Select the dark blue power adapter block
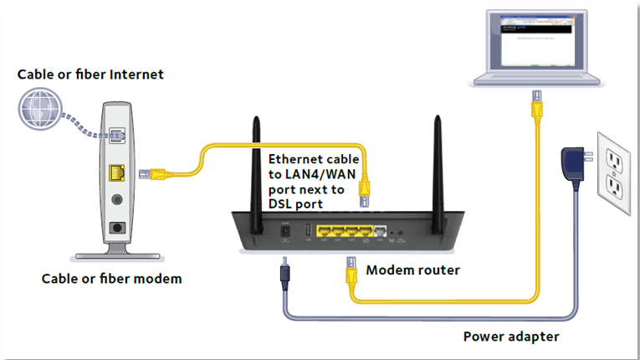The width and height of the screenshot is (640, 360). tap(571, 162)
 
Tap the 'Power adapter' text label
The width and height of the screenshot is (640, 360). tap(510, 337)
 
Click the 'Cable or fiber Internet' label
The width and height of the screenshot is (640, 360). tap(90, 75)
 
